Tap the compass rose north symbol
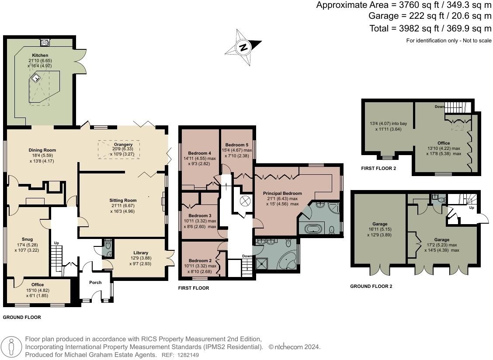(x=243, y=47)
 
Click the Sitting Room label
(x=122, y=201)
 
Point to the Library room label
(x=141, y=253)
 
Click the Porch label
(x=95, y=282)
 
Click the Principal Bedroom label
(x=282, y=193)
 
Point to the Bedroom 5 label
(x=237, y=145)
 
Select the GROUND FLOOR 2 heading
(x=371, y=287)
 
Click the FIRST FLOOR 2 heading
(x=378, y=168)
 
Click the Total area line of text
(x=430, y=28)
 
